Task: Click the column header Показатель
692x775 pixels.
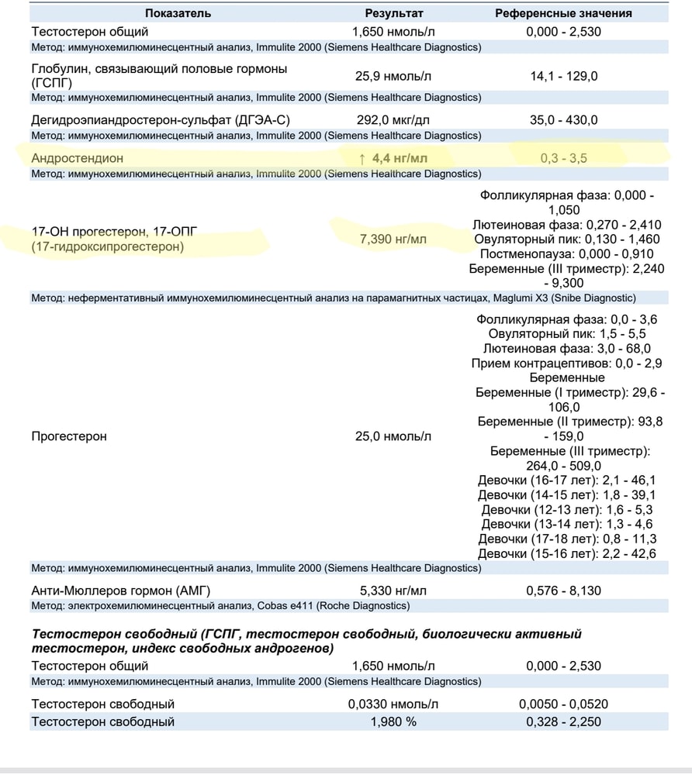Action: pyautogui.click(x=177, y=13)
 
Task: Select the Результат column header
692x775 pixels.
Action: pyautogui.click(x=394, y=13)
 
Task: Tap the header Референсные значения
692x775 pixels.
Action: pyautogui.click(x=563, y=13)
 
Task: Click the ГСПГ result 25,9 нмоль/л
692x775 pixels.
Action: pyautogui.click(x=393, y=76)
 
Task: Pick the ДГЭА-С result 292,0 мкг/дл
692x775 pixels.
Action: pyautogui.click(x=393, y=120)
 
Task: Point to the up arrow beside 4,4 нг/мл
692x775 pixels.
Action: pyautogui.click(x=362, y=158)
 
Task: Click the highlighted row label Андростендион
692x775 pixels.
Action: pyautogui.click(x=77, y=158)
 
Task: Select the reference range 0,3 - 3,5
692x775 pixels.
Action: pyautogui.click(x=563, y=158)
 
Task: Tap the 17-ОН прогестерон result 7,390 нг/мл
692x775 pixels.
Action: pyautogui.click(x=393, y=239)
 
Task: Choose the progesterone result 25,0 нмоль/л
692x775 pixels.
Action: pyautogui.click(x=393, y=436)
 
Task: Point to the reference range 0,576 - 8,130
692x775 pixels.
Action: pyautogui.click(x=563, y=591)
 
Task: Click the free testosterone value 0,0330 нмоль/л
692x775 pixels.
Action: pyautogui.click(x=393, y=704)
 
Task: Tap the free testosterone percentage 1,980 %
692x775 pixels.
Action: pyautogui.click(x=393, y=722)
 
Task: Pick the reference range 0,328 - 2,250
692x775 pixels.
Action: pyautogui.click(x=563, y=722)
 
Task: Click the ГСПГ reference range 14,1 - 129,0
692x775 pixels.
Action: pyautogui.click(x=563, y=76)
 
